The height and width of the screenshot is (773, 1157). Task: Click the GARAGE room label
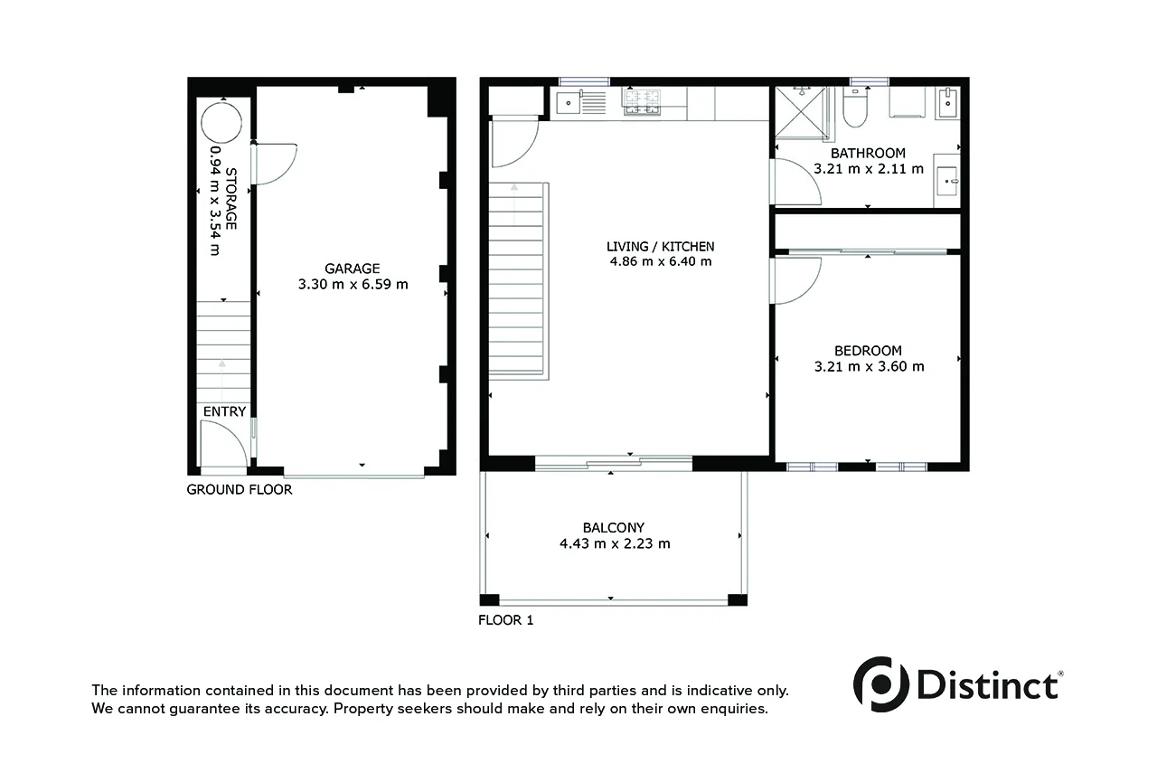[353, 268]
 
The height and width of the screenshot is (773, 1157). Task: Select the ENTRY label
[224, 412]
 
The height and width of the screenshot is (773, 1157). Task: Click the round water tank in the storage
[221, 122]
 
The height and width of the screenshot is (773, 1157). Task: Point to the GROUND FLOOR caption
[240, 490]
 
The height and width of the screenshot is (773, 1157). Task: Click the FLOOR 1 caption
[506, 620]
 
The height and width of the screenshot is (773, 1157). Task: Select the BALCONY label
[614, 528]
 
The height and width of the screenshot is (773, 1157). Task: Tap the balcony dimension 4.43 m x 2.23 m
[615, 544]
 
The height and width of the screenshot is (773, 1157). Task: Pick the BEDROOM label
[868, 351]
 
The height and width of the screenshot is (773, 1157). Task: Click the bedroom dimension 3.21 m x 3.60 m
[869, 367]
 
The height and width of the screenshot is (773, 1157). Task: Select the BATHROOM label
[868, 153]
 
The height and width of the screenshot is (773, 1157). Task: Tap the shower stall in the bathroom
[800, 114]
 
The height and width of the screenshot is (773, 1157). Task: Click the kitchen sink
[569, 103]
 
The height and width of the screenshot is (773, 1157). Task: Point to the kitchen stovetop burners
[641, 102]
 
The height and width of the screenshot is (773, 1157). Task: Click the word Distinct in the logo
[988, 684]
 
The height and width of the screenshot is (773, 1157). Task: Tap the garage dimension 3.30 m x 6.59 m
[353, 284]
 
